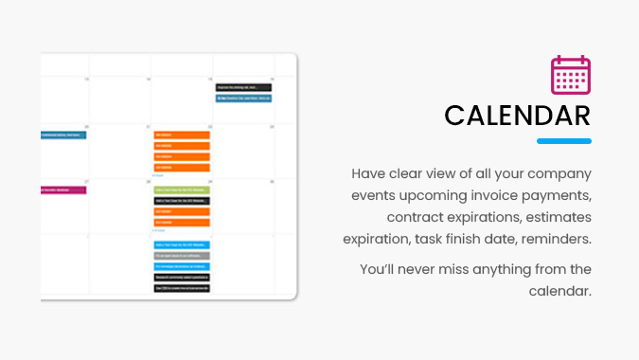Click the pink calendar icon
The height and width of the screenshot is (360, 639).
point(571,75)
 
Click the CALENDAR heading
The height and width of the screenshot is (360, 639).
point(518,116)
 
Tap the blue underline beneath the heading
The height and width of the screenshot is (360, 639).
point(564,141)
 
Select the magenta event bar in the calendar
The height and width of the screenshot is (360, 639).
point(63,189)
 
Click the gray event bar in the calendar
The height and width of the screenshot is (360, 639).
point(181,256)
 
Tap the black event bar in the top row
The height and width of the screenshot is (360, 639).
point(243,87)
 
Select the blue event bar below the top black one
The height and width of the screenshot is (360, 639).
point(243,98)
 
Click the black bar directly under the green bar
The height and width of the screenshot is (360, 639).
point(181,201)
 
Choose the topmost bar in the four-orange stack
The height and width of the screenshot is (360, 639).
point(181,135)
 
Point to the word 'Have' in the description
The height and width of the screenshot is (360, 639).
point(369,174)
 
